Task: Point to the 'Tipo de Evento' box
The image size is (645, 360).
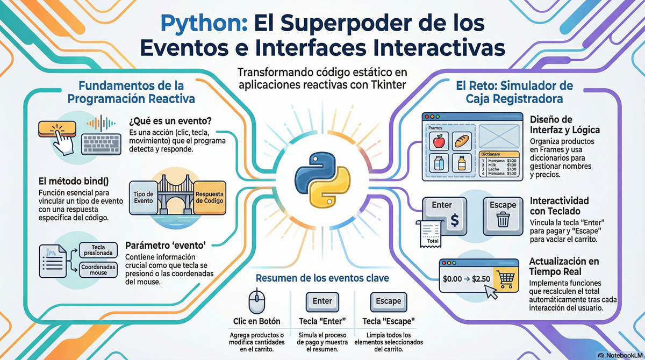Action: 142,197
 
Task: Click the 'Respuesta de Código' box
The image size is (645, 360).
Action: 210,197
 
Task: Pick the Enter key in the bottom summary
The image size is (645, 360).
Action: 322,301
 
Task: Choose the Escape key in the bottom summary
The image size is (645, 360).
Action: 389,301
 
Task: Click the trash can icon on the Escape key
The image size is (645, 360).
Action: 503,219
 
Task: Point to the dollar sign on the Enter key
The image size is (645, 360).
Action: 454,220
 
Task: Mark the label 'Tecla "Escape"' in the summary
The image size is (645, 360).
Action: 389,321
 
